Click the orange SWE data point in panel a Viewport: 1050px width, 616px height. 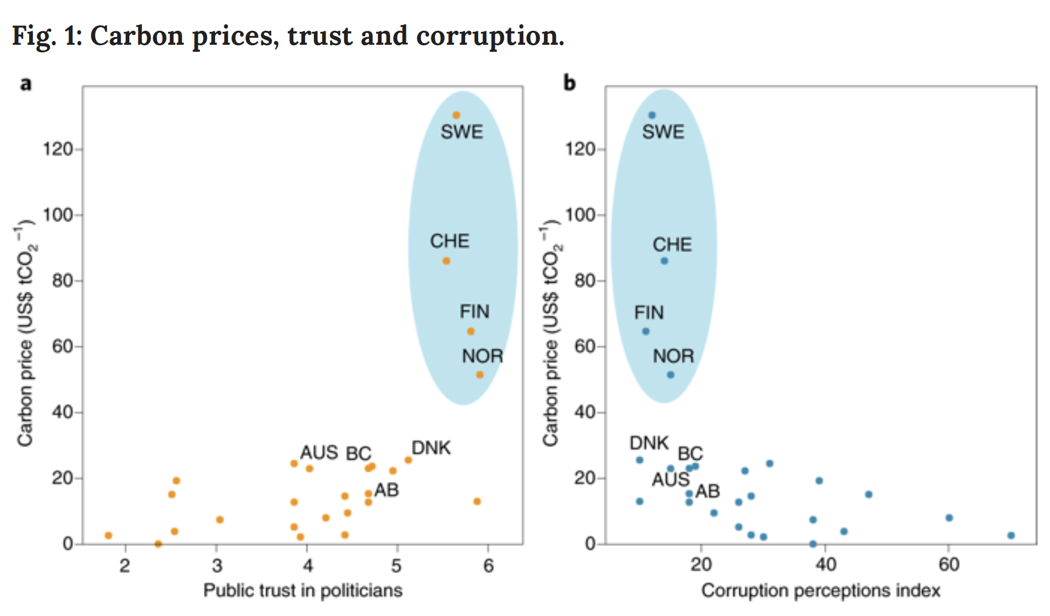(456, 115)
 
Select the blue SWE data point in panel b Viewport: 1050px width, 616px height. (652, 115)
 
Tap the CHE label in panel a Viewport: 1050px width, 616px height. (450, 241)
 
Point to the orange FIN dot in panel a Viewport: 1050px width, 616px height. (471, 331)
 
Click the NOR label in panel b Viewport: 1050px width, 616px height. (673, 356)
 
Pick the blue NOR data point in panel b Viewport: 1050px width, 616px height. (671, 375)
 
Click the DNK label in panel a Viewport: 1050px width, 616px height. (431, 448)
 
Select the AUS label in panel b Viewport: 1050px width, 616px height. (671, 479)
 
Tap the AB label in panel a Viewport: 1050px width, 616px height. (386, 490)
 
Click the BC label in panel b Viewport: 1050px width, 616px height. (690, 453)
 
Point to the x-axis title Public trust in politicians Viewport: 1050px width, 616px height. (302, 591)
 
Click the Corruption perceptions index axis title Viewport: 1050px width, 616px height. (820, 591)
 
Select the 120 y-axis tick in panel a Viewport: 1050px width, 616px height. (58, 149)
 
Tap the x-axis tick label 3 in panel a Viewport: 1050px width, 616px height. (217, 565)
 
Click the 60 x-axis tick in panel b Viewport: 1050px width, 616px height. (949, 565)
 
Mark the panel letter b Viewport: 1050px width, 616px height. (569, 83)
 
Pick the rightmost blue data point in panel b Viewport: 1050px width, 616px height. (1011, 536)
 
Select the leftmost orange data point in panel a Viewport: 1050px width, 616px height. (108, 536)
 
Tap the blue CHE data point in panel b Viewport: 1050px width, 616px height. (665, 261)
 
